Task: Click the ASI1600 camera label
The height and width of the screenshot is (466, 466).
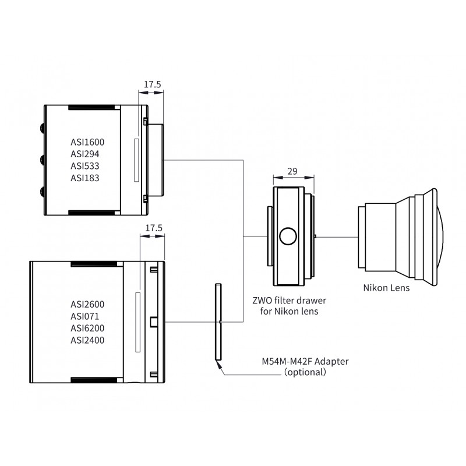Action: point(87,142)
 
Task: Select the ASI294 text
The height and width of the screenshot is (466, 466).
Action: point(84,154)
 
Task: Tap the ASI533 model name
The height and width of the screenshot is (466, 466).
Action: point(84,166)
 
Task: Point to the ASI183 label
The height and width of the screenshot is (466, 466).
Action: point(84,178)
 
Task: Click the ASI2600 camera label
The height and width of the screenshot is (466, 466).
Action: point(87,304)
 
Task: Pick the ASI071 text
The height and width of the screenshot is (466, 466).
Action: point(84,316)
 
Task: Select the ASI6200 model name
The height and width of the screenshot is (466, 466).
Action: point(87,328)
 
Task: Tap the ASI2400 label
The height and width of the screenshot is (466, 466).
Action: point(87,340)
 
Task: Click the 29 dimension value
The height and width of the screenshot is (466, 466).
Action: point(292,171)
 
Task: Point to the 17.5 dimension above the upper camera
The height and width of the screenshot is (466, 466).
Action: point(153,84)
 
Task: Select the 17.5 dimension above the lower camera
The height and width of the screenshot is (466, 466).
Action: point(154,228)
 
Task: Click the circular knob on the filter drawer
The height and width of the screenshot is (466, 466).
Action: point(288,236)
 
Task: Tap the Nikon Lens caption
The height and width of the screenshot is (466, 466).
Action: point(386,288)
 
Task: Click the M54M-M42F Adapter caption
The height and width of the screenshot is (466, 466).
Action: point(305,361)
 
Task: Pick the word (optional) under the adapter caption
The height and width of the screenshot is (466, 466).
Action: point(305,372)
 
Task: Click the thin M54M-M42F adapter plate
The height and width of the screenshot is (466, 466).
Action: point(218,322)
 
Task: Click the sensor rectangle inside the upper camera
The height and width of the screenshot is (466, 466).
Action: point(136,160)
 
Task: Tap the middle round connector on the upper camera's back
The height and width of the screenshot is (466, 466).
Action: point(42,160)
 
